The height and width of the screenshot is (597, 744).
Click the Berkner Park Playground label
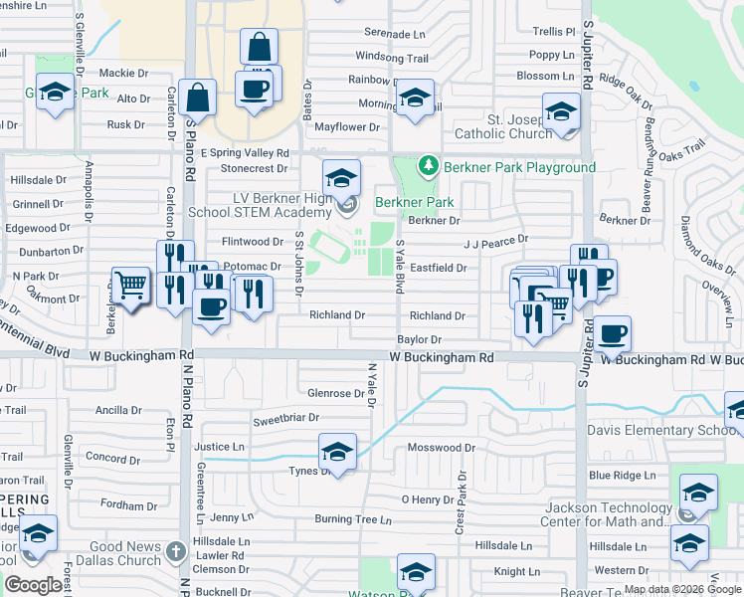click(519, 167)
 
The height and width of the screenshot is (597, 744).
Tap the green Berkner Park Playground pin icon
click(428, 164)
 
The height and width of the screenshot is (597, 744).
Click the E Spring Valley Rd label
click(245, 153)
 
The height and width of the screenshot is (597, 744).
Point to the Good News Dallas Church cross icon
click(176, 550)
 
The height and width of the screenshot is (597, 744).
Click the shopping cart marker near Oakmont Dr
click(130, 287)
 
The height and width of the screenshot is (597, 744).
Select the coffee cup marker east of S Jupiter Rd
click(613, 333)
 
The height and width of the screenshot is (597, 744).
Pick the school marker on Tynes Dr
click(337, 454)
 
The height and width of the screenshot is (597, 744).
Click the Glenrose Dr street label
click(336, 393)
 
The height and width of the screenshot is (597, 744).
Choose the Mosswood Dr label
click(442, 448)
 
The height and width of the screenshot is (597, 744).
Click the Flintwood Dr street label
click(253, 242)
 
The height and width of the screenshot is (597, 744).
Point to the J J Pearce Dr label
click(495, 240)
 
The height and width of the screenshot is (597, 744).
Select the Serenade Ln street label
click(395, 34)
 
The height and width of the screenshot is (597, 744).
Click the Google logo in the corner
click(33, 585)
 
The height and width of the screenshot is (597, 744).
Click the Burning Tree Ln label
click(347, 518)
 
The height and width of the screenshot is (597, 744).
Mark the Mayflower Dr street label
click(347, 127)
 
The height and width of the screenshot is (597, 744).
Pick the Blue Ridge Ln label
click(623, 476)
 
